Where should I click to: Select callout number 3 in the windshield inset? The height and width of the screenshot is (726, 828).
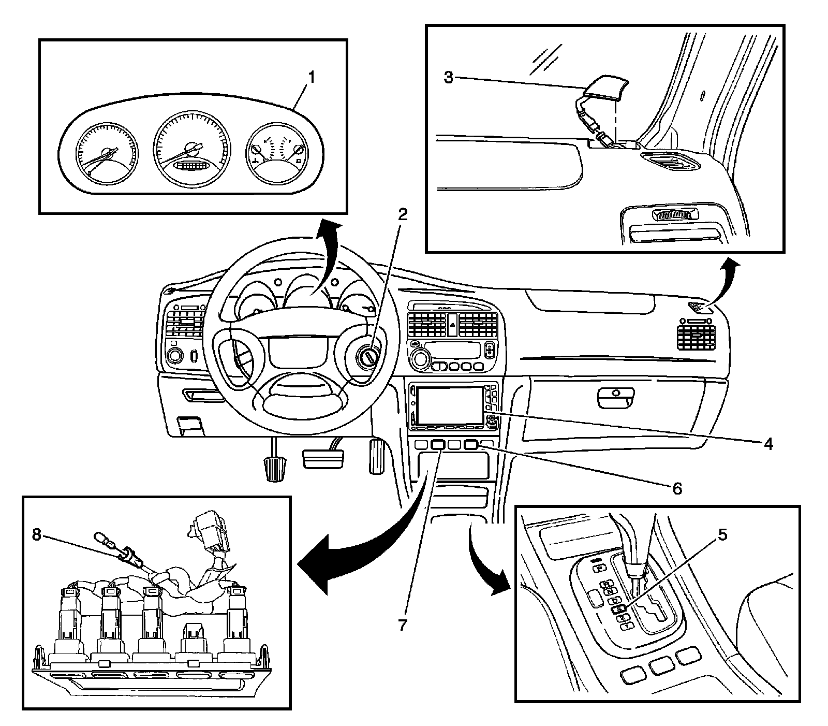(x=449, y=78)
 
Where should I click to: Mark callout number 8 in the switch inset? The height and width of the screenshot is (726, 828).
(x=36, y=535)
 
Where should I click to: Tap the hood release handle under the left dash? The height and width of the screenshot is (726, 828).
(x=190, y=425)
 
